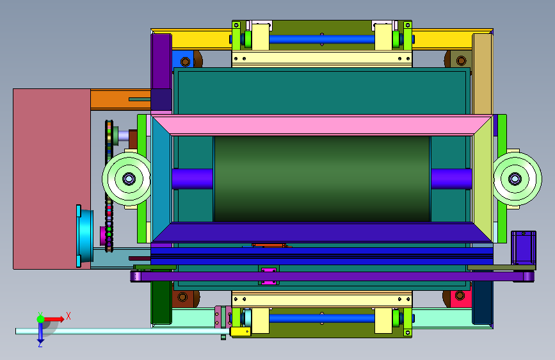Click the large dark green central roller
(x=322, y=179)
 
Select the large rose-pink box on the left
(x=52, y=179)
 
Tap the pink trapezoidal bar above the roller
(x=322, y=125)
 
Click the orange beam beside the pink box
(x=121, y=99)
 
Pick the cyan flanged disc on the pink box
(x=85, y=236)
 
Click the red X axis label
(x=68, y=316)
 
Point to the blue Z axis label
(x=40, y=344)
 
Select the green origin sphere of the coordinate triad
(x=41, y=319)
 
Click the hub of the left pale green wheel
(x=129, y=179)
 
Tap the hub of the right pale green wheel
(x=515, y=179)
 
